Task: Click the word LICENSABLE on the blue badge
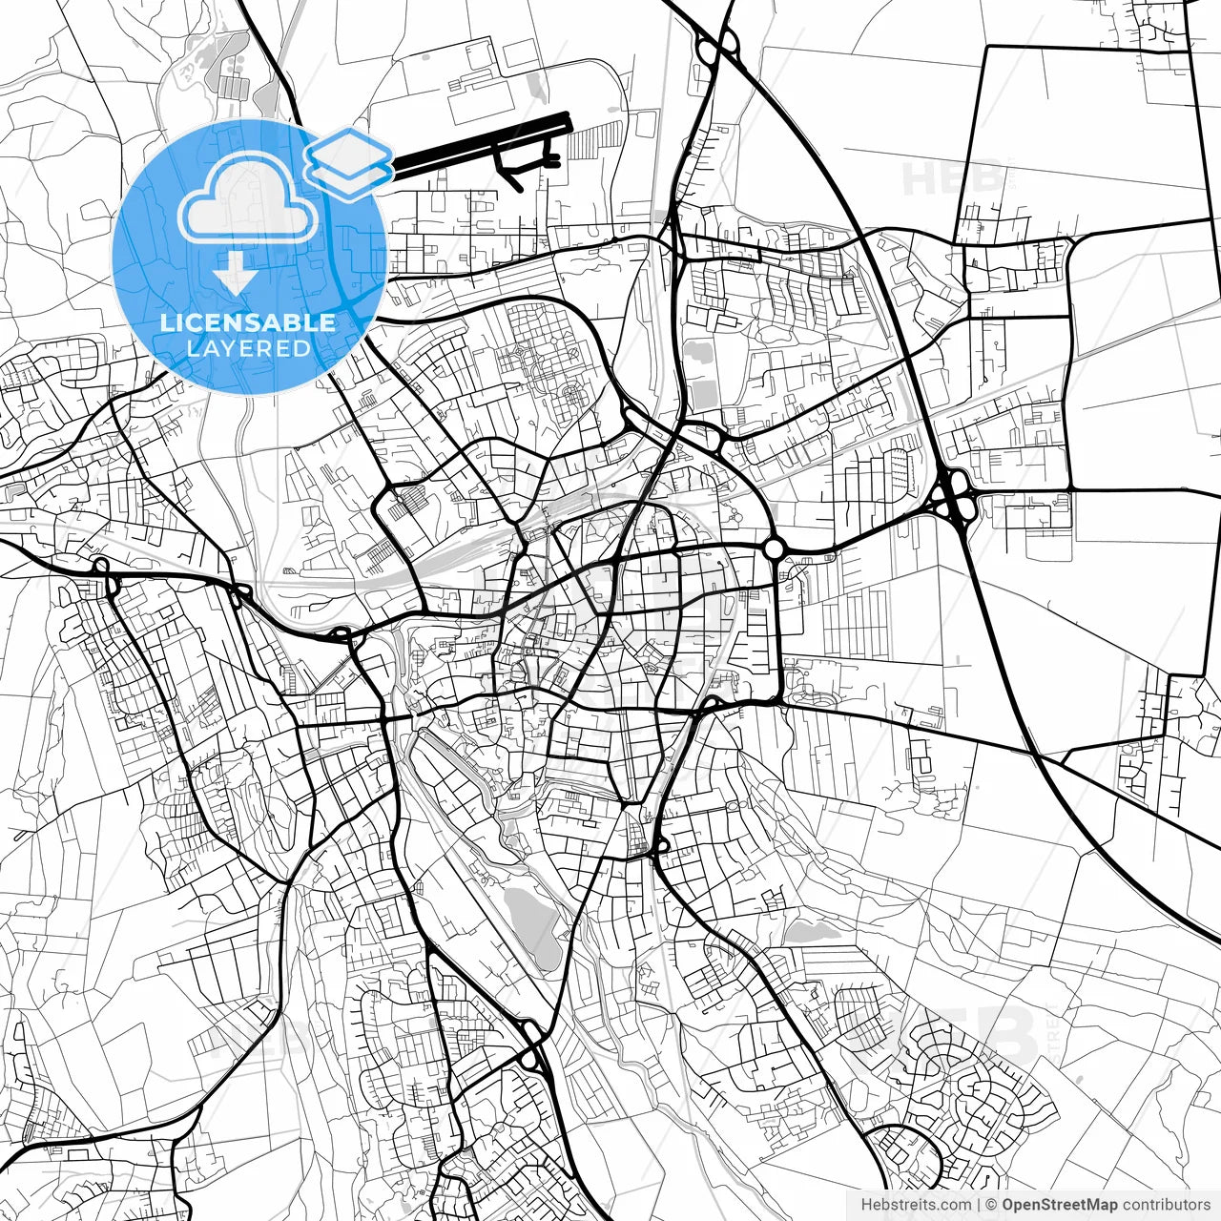pos(248,322)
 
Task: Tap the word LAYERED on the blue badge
pos(248,348)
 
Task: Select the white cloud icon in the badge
pos(248,198)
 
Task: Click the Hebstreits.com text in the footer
pos(916,1205)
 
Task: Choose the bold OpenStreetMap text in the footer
pos(1059,1205)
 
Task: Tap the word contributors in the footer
pos(1166,1205)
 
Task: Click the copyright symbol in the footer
pos(991,1205)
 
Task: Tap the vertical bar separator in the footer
pos(979,1205)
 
